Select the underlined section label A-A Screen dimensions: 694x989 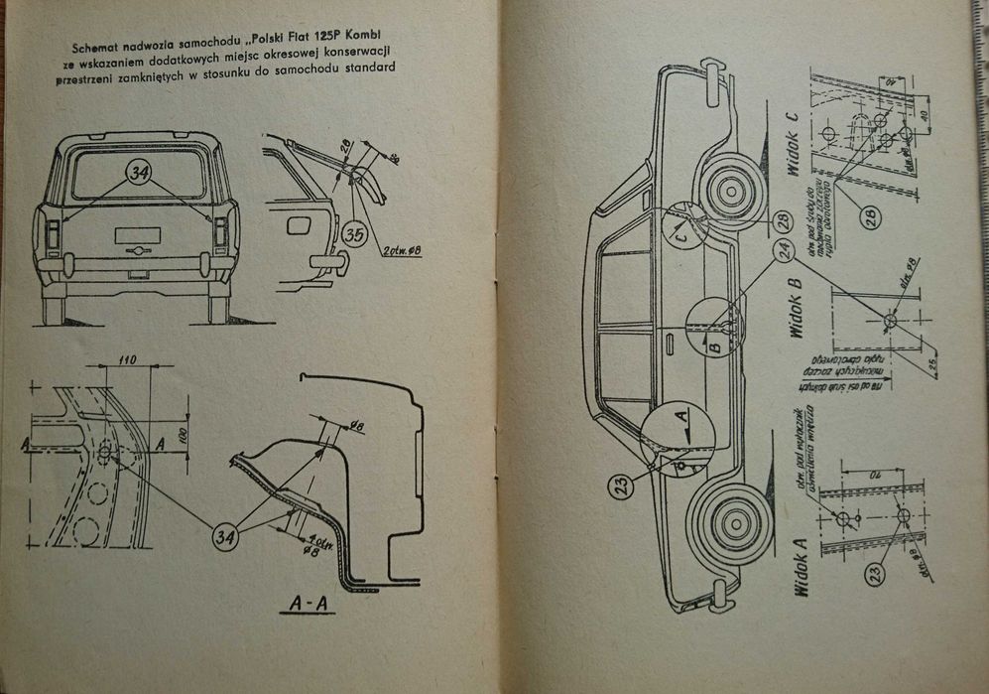coord(308,602)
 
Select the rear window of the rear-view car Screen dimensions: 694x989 coord(139,177)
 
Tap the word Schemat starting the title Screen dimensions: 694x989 coord(98,47)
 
